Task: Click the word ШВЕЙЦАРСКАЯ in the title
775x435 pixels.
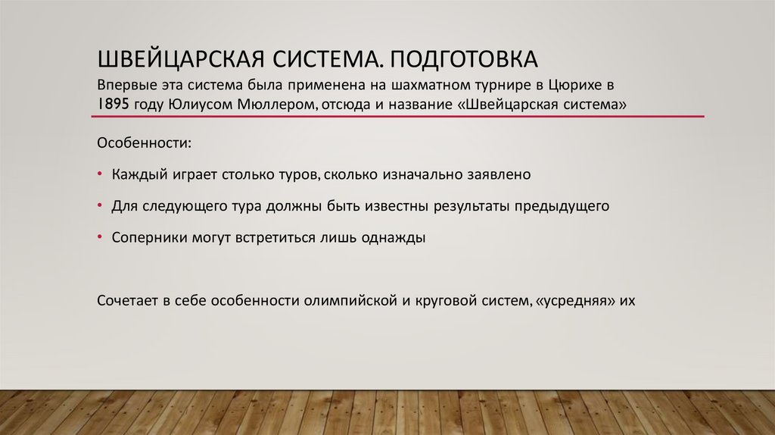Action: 170,59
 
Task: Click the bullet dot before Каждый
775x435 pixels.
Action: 101,174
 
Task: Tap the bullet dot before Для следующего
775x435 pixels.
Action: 101,205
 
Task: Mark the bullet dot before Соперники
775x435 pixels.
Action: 101,237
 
